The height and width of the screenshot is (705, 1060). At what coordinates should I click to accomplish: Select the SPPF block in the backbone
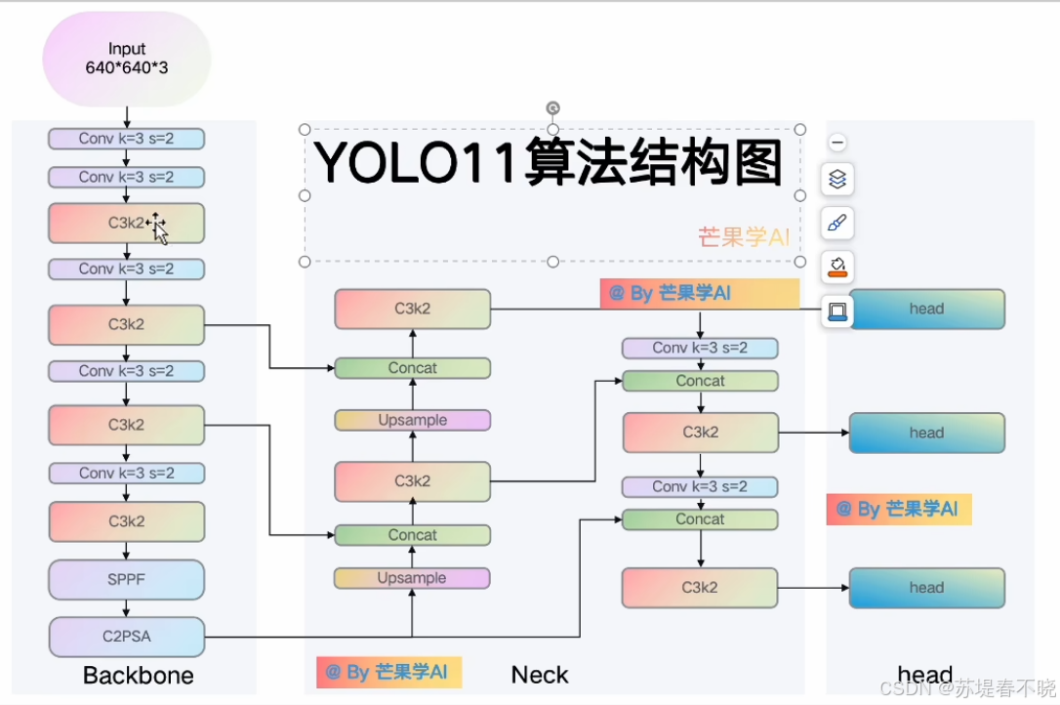pyautogui.click(x=126, y=579)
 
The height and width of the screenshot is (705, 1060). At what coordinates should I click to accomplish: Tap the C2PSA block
pyautogui.click(x=126, y=637)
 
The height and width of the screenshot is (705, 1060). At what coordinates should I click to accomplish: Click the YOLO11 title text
pyautogui.click(x=548, y=163)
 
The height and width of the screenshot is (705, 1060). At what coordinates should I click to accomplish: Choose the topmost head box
pyautogui.click(x=926, y=309)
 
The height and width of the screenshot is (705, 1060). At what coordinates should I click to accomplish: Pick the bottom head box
pyautogui.click(x=926, y=588)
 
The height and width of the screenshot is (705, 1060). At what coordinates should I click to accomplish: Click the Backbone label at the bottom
pyautogui.click(x=138, y=676)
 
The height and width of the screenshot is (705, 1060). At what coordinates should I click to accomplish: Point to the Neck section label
pyautogui.click(x=539, y=675)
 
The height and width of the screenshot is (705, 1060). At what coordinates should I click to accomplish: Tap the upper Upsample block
pyautogui.click(x=412, y=420)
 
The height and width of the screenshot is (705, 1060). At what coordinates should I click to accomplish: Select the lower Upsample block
pyautogui.click(x=412, y=578)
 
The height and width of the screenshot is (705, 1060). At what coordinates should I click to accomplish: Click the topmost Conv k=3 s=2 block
pyautogui.click(x=126, y=139)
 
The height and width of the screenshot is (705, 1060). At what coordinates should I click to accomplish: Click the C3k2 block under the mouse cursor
pyautogui.click(x=126, y=224)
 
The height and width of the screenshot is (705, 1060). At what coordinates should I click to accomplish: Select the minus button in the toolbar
pyautogui.click(x=836, y=143)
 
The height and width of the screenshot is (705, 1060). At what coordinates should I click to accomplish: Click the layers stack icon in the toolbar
pyautogui.click(x=836, y=180)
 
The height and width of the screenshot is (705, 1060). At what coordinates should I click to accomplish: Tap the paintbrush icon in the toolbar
pyautogui.click(x=836, y=224)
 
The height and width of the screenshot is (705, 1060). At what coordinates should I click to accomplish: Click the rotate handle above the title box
pyautogui.click(x=552, y=107)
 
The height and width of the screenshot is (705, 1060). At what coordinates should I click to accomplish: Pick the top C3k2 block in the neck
pyautogui.click(x=412, y=309)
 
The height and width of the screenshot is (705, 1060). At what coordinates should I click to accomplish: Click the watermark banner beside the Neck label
pyautogui.click(x=387, y=672)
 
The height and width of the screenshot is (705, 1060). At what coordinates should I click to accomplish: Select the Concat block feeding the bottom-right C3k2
pyautogui.click(x=700, y=519)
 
